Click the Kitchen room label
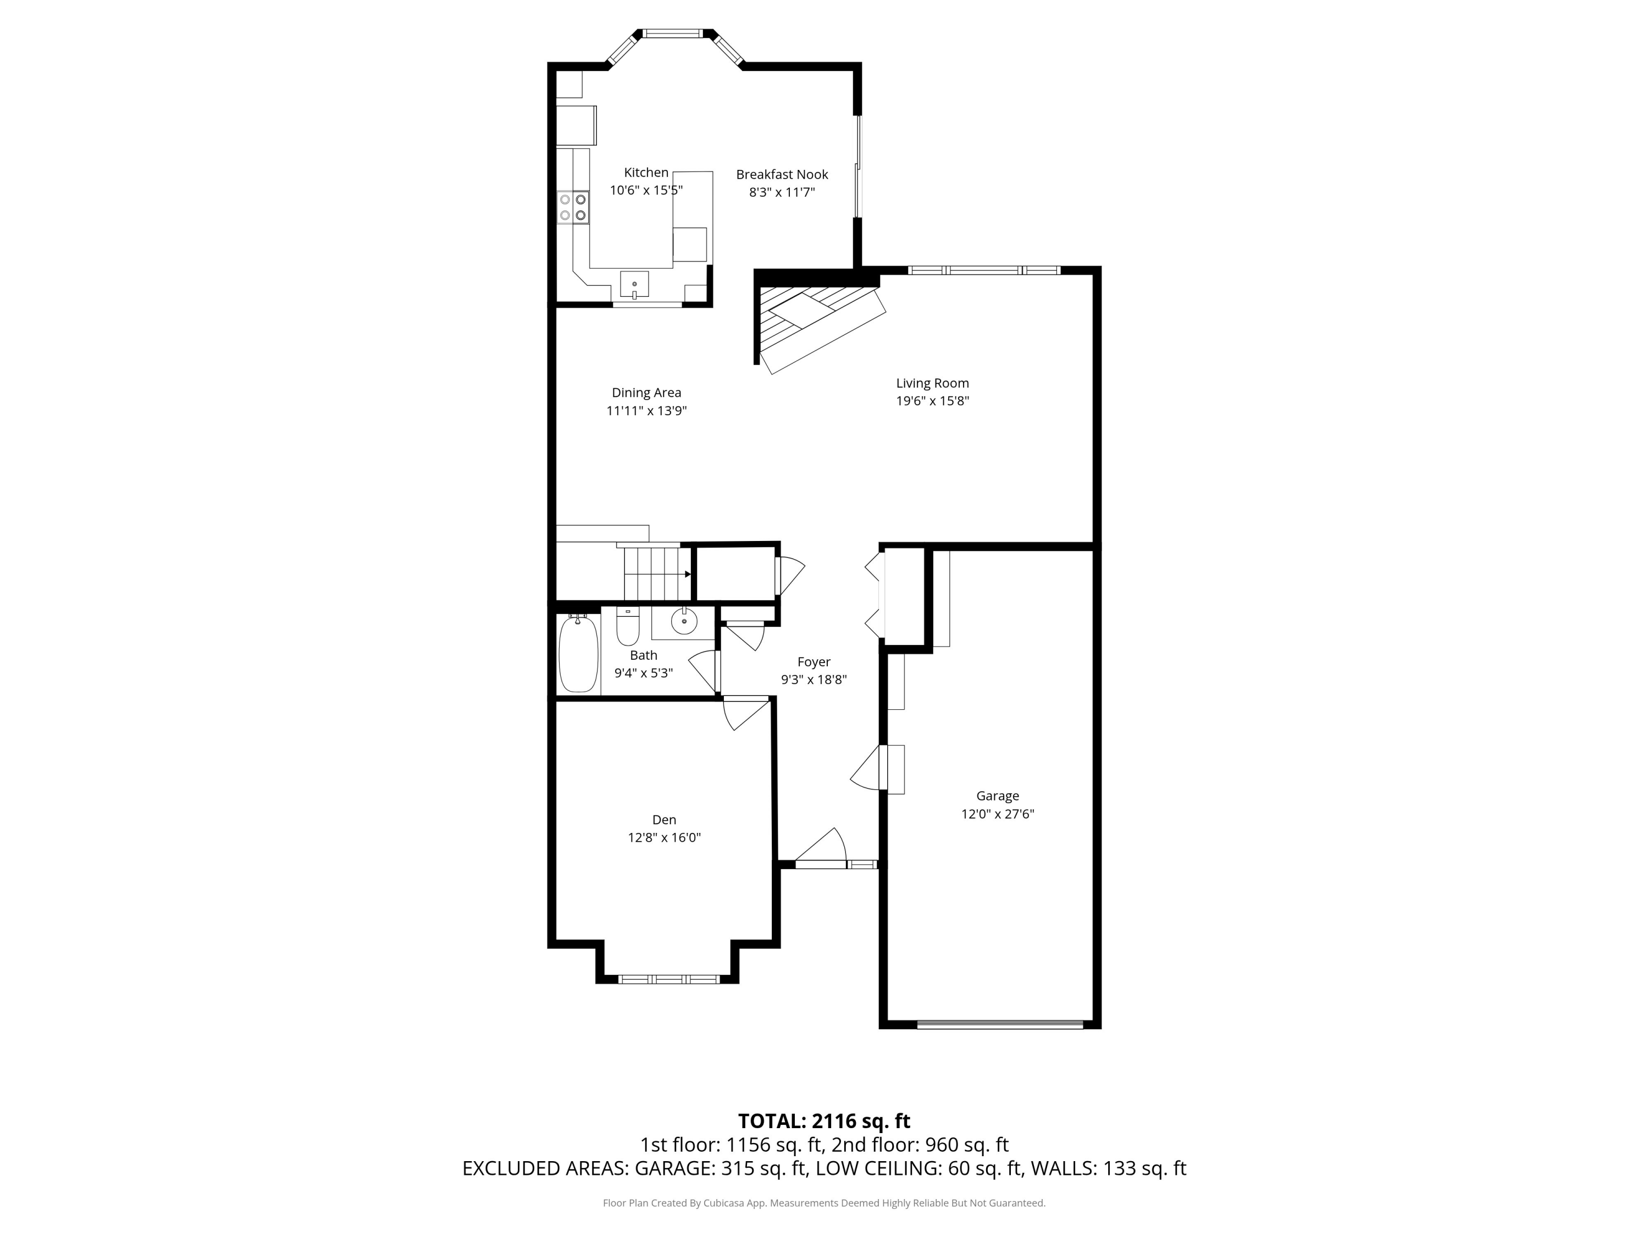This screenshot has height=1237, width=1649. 646,172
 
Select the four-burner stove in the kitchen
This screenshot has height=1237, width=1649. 573,207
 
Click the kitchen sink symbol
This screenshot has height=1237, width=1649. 634,285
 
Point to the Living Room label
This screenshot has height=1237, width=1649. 932,383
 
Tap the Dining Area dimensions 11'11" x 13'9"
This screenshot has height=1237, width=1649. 646,411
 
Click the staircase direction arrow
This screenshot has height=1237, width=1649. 687,574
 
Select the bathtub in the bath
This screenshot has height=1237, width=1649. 578,654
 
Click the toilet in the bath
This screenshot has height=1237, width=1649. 628,627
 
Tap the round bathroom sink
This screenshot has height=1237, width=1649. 684,620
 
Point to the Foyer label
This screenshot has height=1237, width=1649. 814,662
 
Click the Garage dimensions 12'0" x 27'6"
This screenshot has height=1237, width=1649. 998,814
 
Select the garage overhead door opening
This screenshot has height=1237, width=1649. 999,1024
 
